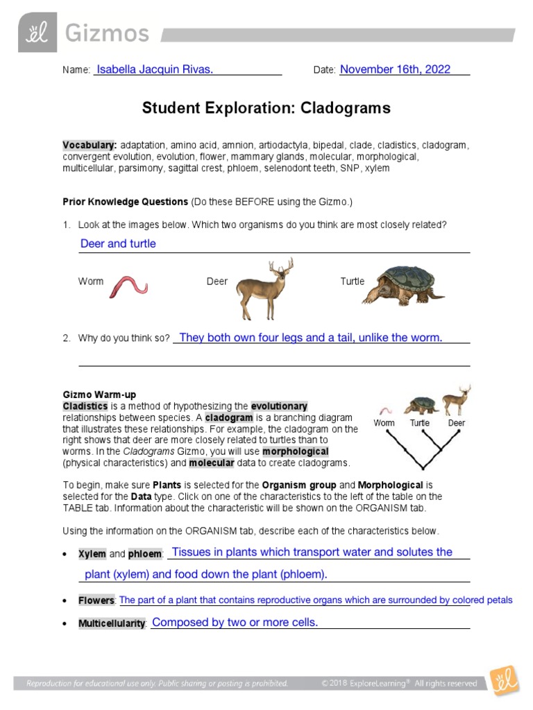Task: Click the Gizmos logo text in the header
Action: [x=107, y=34]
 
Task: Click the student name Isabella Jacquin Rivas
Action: [x=155, y=69]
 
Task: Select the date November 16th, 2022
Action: [x=395, y=69]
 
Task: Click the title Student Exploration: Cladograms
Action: [x=266, y=108]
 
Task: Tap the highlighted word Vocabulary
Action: [x=90, y=146]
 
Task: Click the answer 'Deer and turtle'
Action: [x=118, y=243]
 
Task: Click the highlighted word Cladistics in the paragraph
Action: [x=85, y=406]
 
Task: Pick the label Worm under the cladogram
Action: [x=384, y=423]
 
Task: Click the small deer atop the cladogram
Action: [x=457, y=400]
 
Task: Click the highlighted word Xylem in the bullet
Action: [x=92, y=554]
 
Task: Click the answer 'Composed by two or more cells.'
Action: [x=235, y=623]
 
